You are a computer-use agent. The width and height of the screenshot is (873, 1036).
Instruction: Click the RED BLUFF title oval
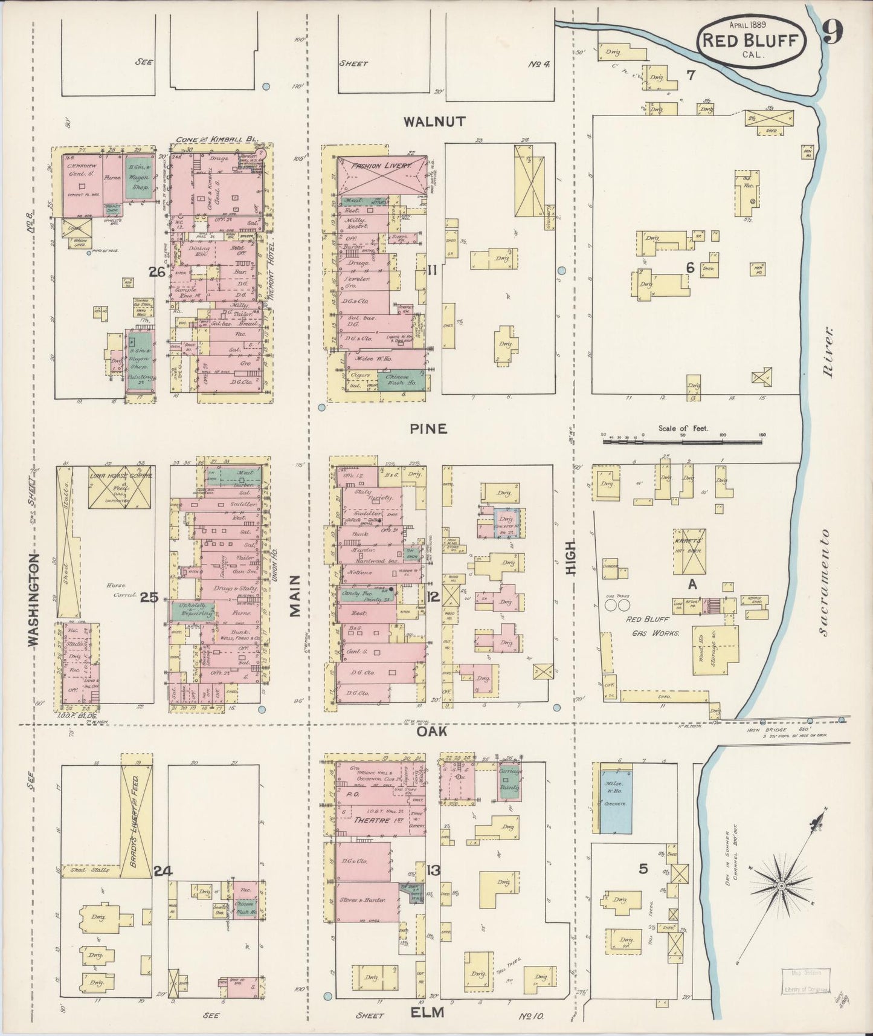(x=752, y=41)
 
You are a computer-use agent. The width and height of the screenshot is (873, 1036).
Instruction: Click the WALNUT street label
(x=434, y=121)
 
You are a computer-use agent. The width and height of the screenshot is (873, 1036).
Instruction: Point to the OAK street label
(x=432, y=731)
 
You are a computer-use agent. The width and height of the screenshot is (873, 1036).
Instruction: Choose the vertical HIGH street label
(x=570, y=557)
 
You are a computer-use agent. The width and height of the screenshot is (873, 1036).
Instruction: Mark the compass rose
(x=780, y=886)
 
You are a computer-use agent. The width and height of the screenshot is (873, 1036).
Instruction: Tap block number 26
(x=158, y=273)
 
